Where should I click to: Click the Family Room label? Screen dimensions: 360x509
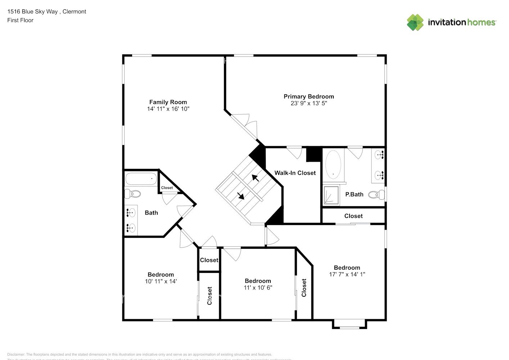(168, 102)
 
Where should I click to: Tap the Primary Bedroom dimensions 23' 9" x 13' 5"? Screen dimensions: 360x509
(308, 103)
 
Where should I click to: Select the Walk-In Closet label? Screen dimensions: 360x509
(295, 173)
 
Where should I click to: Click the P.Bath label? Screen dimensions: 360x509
(354, 194)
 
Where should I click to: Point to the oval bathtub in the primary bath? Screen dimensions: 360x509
(333, 165)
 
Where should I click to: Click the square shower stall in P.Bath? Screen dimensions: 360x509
(331, 195)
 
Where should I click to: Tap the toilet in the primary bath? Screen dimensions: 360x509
(377, 195)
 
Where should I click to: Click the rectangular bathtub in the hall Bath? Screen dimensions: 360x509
(141, 179)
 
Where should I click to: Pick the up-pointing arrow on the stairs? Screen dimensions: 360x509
(255, 177)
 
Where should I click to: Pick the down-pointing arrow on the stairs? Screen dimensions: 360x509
(240, 196)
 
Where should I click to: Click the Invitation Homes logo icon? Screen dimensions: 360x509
(415, 22)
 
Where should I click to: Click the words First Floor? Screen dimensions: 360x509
(20, 20)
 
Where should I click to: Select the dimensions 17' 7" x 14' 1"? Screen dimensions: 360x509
(347, 274)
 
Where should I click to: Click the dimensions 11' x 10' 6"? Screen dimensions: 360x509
(258, 288)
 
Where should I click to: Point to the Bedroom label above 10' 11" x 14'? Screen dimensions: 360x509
(161, 275)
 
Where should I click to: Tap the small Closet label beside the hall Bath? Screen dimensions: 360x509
(167, 188)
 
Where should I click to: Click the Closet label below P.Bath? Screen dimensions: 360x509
(353, 216)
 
